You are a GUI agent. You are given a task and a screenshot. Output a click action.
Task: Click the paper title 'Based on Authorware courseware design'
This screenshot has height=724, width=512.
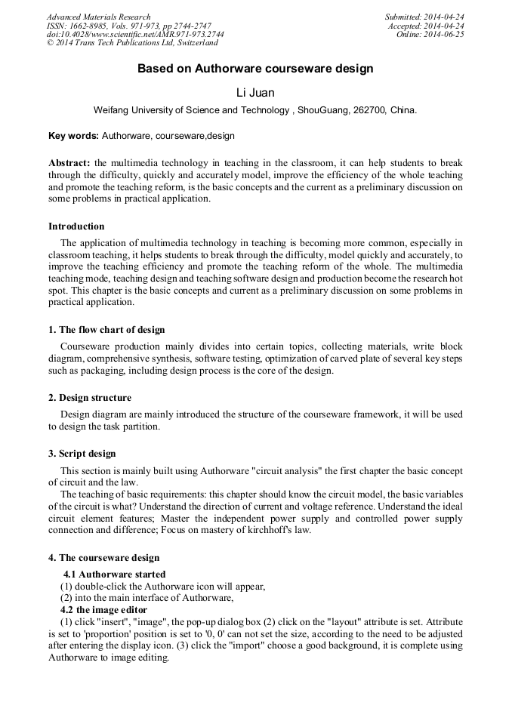(x=255, y=69)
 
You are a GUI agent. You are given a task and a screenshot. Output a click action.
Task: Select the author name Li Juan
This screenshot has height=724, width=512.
(x=255, y=93)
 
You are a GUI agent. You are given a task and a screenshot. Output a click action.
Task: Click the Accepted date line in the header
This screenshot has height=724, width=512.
(x=426, y=26)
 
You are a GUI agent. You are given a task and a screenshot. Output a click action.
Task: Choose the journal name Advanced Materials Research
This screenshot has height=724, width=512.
(x=98, y=17)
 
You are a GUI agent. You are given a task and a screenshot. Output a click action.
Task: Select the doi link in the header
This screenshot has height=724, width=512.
(x=135, y=35)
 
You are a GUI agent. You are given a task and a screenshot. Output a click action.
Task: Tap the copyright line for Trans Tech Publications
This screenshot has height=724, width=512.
(x=132, y=43)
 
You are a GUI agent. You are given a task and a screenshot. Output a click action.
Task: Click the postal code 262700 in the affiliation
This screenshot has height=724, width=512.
(x=369, y=110)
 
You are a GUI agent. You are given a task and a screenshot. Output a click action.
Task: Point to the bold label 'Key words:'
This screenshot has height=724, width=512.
(x=73, y=136)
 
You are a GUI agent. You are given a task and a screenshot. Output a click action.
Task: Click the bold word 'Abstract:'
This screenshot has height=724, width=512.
(x=69, y=163)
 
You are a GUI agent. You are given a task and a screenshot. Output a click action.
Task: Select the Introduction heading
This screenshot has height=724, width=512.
(x=76, y=226)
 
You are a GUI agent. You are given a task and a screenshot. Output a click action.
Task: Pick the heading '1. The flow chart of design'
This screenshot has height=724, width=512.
(x=106, y=330)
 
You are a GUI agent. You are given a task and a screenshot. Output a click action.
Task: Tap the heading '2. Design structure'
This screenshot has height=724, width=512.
(x=90, y=398)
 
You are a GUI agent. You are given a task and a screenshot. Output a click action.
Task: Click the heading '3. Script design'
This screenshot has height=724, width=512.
(x=82, y=454)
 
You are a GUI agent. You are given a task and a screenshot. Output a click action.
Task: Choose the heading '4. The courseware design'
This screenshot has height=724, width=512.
(x=104, y=558)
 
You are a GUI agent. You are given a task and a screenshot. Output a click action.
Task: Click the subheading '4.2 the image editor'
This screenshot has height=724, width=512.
(x=103, y=610)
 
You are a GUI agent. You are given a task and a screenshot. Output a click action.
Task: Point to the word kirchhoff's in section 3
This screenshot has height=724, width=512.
(x=278, y=531)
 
